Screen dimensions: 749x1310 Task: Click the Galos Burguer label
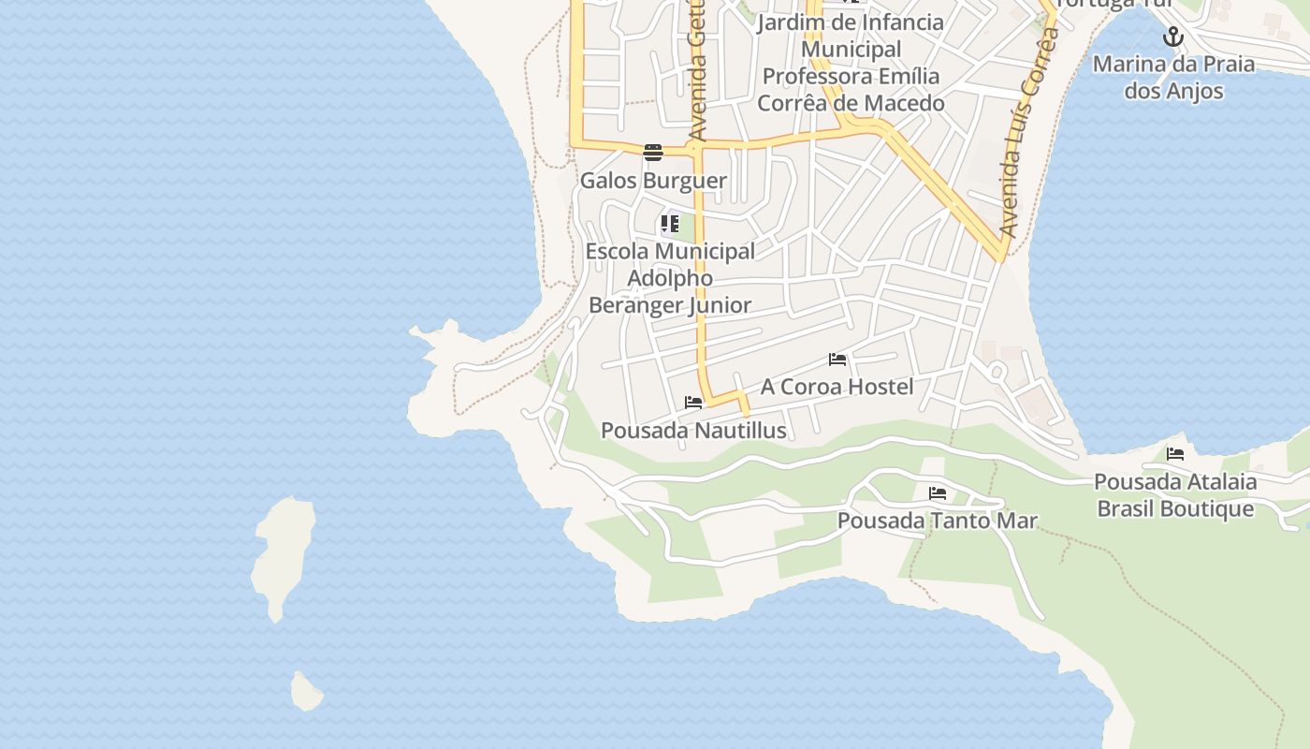click(653, 181)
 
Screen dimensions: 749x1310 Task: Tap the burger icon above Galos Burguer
click(653, 153)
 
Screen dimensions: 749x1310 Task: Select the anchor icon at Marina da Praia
click(1173, 37)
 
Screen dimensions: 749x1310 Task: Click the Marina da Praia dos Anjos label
click(1173, 78)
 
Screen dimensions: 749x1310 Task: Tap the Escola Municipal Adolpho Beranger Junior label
click(670, 278)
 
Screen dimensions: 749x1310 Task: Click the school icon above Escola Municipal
click(669, 224)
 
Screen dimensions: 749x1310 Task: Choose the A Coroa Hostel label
click(837, 387)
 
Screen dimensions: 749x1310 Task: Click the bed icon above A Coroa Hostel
click(837, 360)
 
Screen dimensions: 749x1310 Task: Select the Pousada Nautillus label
click(693, 431)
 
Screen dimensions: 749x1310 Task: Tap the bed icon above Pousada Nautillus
click(693, 403)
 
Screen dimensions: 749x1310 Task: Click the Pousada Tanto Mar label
click(938, 521)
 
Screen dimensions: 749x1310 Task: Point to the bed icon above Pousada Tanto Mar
click(938, 493)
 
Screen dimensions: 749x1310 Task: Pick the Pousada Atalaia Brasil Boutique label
click(1175, 495)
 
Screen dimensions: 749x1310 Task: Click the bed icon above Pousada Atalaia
click(1175, 454)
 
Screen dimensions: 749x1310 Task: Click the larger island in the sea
click(283, 554)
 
